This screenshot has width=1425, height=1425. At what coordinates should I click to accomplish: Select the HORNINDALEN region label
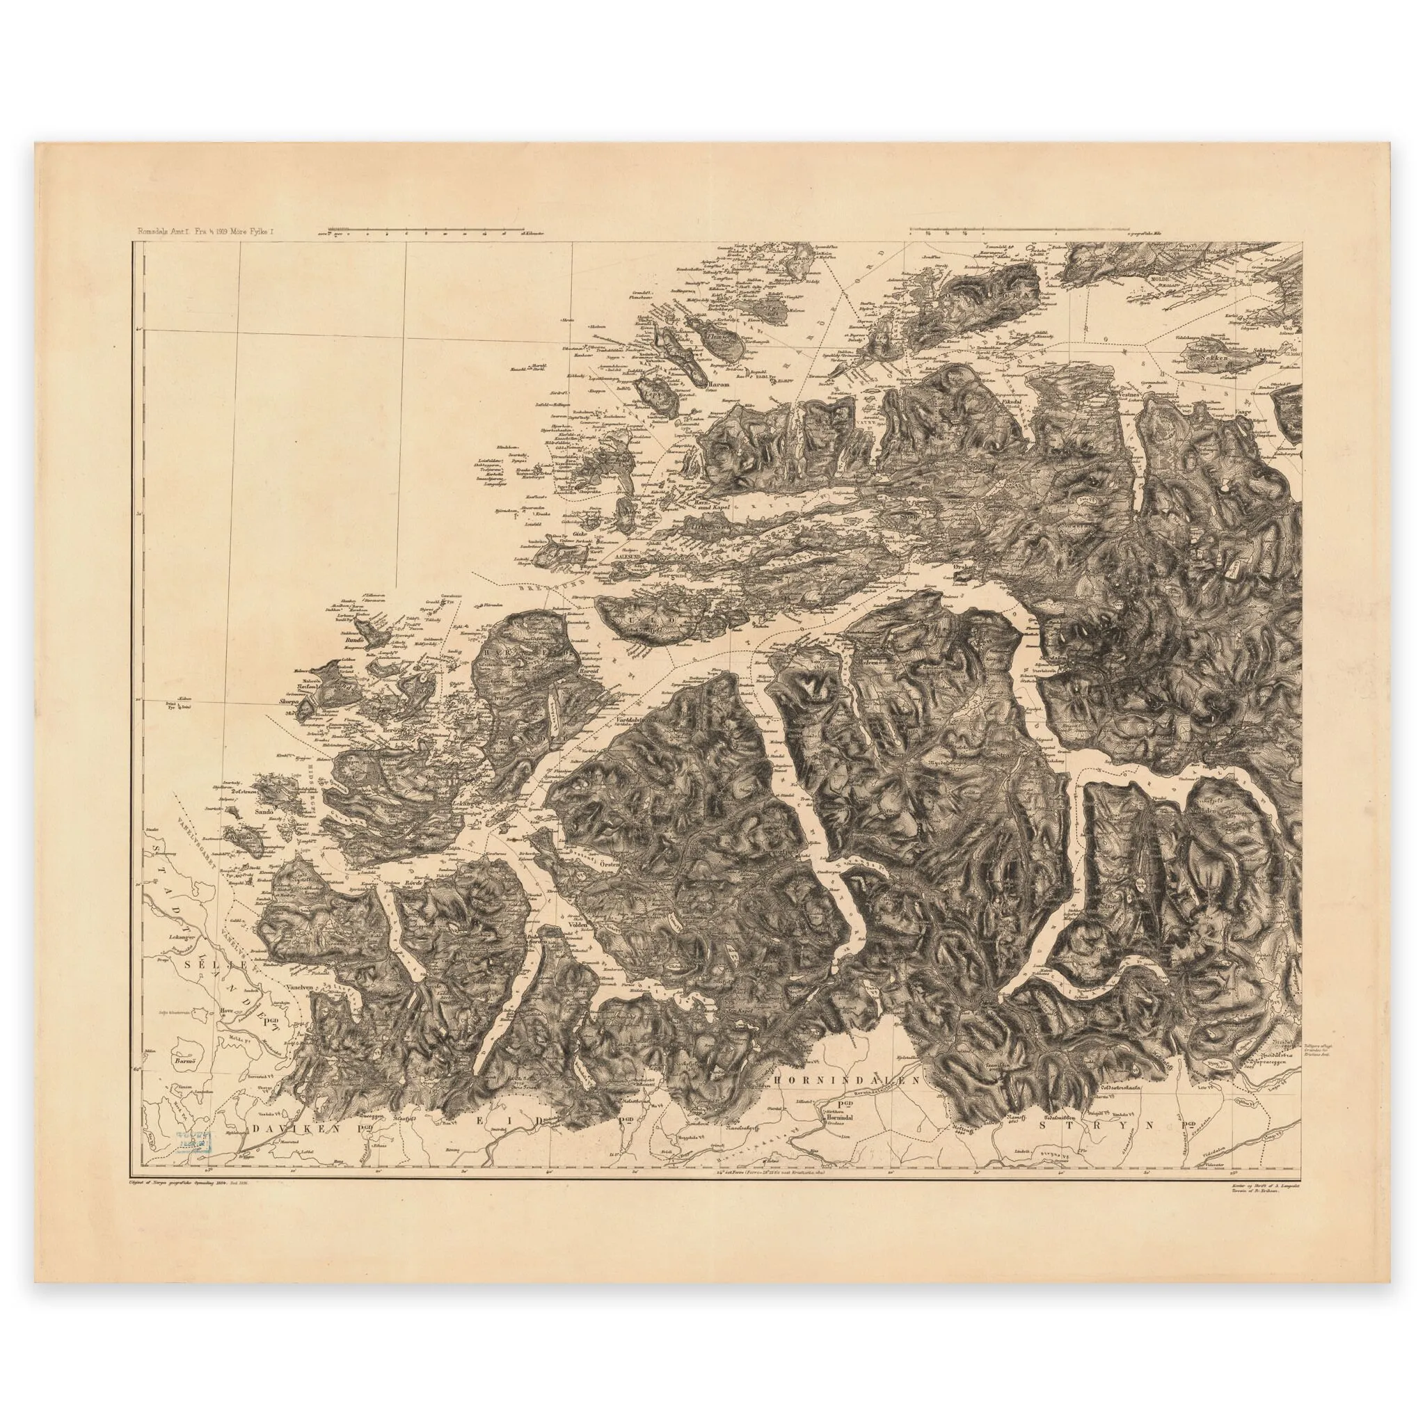click(847, 1078)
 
